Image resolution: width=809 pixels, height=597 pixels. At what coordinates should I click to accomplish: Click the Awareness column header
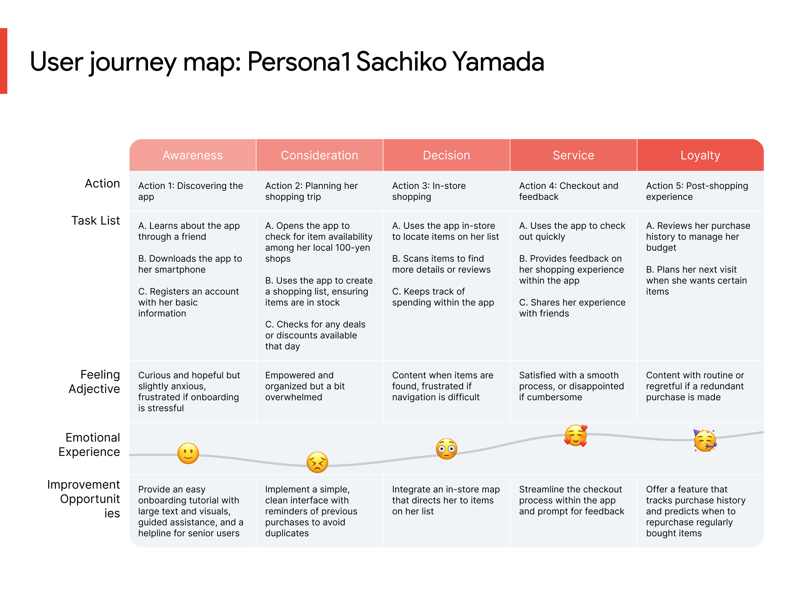(192, 155)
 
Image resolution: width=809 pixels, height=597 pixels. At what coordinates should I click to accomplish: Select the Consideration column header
(319, 155)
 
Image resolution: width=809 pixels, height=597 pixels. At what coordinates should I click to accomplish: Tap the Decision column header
(446, 155)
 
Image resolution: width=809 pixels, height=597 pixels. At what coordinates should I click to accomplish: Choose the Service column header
(573, 155)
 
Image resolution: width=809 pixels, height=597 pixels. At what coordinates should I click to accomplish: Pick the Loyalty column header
(700, 155)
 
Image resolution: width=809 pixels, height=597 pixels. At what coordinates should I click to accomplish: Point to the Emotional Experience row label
(89, 444)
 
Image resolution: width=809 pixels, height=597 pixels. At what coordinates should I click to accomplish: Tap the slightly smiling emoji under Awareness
(188, 453)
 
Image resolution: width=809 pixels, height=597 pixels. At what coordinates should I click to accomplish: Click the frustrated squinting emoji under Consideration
(317, 462)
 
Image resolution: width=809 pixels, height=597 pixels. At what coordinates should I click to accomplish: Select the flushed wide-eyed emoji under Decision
(446, 449)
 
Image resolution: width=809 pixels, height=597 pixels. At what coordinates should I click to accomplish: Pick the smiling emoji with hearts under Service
(576, 435)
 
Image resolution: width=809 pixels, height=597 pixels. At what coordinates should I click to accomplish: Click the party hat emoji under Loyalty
(704, 440)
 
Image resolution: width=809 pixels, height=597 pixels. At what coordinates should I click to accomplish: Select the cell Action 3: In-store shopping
(429, 191)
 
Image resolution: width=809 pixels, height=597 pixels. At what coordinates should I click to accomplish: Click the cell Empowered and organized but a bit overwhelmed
(305, 386)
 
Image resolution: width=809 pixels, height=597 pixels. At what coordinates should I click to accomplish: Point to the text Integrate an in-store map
(446, 489)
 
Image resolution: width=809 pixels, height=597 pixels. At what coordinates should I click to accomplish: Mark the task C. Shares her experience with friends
(572, 308)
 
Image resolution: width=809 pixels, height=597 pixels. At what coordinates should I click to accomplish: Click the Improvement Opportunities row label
(84, 499)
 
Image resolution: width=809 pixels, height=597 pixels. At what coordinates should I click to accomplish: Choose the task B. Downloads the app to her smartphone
(190, 264)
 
